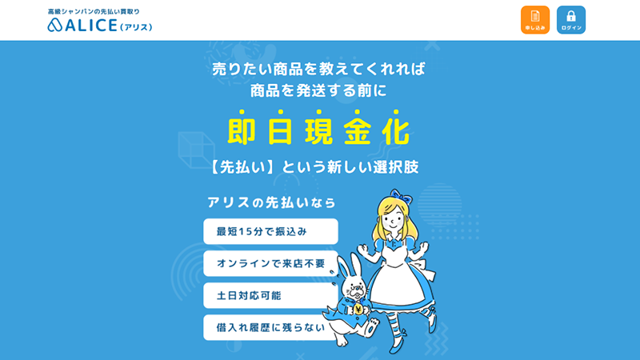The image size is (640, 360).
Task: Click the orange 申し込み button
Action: (534, 19)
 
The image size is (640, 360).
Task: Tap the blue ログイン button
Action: (571, 19)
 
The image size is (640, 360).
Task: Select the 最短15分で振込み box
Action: (270, 231)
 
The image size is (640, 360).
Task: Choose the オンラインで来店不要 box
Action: (270, 263)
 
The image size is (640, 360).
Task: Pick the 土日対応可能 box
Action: (270, 295)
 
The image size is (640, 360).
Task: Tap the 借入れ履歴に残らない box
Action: (270, 327)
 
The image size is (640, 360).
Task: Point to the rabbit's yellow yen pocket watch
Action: (358, 309)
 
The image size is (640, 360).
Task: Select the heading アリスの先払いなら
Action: (271, 202)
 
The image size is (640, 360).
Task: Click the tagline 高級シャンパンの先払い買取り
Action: (94, 11)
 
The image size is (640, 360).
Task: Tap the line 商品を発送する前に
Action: (318, 90)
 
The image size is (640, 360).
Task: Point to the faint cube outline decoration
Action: (196, 150)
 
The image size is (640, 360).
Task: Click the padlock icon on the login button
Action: (571, 16)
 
